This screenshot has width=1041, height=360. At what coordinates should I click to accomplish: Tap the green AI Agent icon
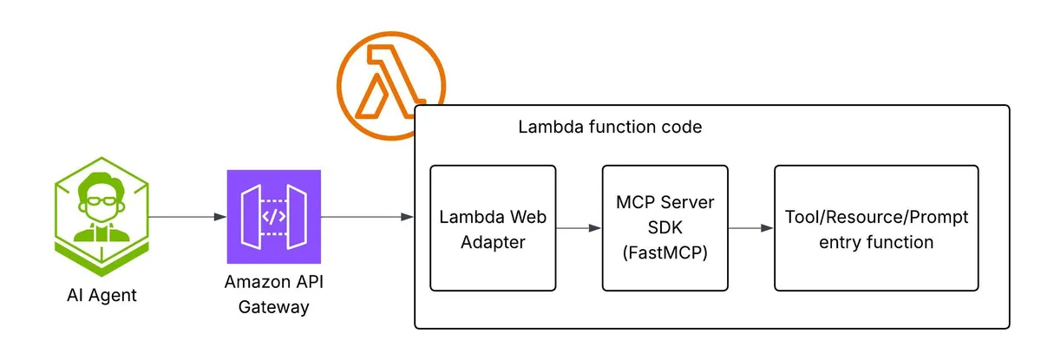tap(101, 217)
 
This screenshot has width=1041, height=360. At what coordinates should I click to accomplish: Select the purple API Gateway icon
tap(273, 216)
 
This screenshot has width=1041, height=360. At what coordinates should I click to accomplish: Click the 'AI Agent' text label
tap(101, 295)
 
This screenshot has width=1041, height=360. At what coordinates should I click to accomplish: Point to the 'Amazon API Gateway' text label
tap(273, 294)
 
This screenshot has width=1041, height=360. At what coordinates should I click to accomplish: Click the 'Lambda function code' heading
tap(610, 127)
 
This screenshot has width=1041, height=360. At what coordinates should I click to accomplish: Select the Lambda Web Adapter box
tap(492, 228)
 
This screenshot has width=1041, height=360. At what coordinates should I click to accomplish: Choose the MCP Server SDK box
tap(665, 228)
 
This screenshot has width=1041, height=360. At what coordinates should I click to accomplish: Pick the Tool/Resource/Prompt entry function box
tap(876, 228)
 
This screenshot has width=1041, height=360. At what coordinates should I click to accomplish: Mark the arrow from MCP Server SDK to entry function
tap(750, 228)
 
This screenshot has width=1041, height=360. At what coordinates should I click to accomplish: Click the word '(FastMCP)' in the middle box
tap(665, 254)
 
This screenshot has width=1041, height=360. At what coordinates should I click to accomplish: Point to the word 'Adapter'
tap(492, 242)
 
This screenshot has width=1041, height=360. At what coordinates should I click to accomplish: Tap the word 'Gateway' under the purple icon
tap(273, 307)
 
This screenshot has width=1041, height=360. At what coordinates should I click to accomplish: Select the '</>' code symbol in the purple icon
tap(273, 216)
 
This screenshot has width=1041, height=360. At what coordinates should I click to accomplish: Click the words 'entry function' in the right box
tap(876, 242)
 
